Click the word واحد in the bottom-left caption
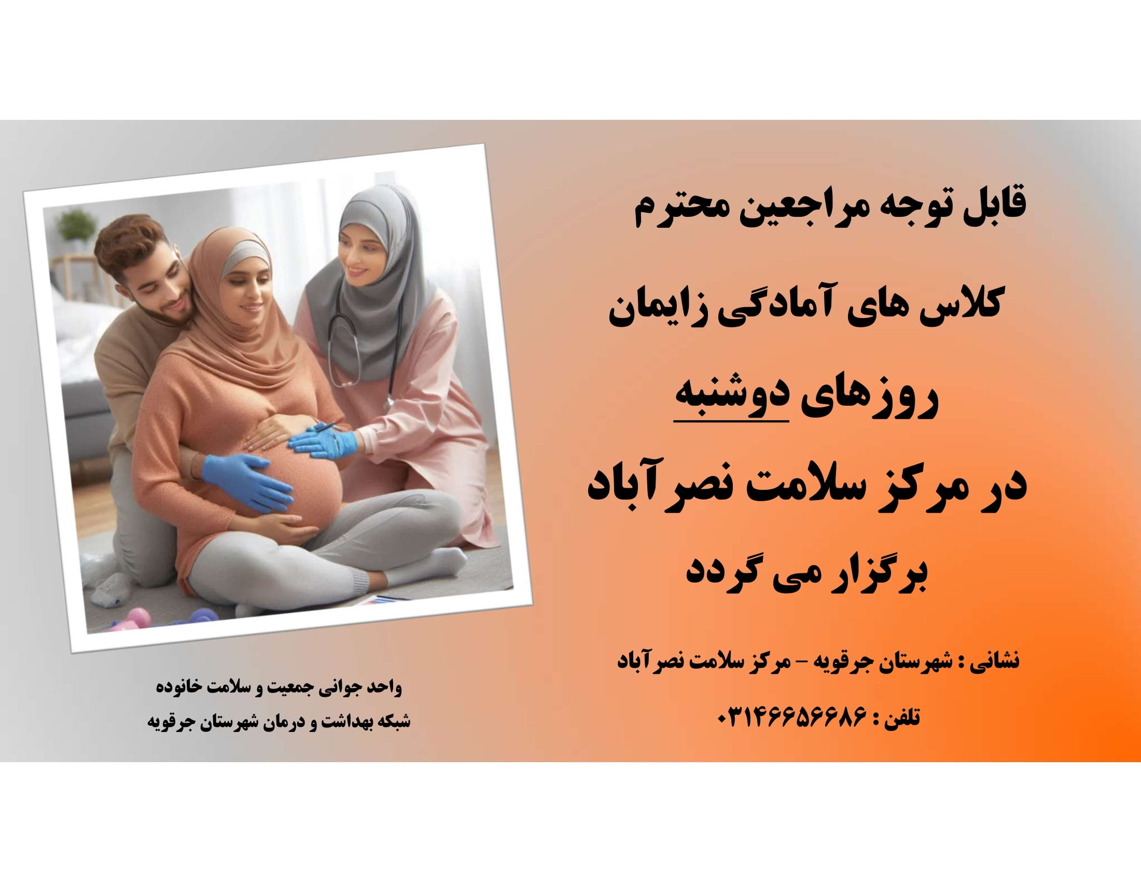(384, 687)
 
